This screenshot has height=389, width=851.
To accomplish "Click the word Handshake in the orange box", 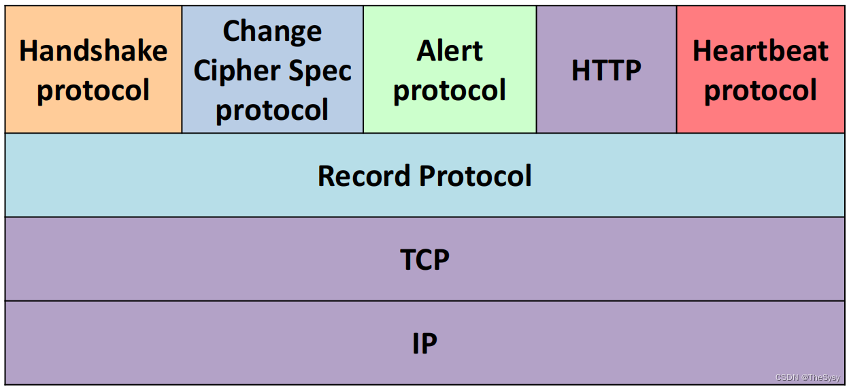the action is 93,51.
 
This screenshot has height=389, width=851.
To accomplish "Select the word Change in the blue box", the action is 272,31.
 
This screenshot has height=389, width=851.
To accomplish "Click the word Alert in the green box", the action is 450,51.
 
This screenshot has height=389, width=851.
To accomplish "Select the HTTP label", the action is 606,70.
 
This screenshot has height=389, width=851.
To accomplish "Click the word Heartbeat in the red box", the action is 761,51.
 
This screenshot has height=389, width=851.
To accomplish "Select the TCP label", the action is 424,260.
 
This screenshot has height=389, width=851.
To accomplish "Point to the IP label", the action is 424,343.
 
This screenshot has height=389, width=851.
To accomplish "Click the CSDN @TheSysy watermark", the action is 807,377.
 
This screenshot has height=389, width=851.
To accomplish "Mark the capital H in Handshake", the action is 28,51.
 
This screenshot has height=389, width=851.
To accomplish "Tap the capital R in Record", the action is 327,176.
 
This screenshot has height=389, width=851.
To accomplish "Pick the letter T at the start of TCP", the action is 407,260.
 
